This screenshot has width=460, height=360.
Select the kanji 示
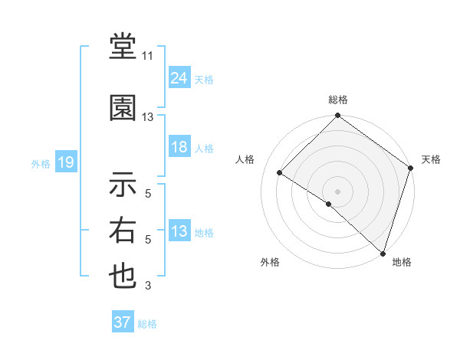(x=123, y=184)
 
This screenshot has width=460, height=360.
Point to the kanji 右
(x=123, y=231)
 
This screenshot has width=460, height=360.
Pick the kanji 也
(x=123, y=277)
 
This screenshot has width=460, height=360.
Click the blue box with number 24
(x=179, y=77)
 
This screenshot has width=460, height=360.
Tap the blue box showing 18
(x=179, y=148)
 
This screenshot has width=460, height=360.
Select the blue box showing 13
(x=179, y=232)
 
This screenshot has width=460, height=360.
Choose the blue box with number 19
(x=65, y=162)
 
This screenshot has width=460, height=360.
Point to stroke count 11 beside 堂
(x=148, y=55)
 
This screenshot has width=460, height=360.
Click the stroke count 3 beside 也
(x=148, y=286)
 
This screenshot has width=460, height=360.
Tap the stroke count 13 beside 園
(x=148, y=117)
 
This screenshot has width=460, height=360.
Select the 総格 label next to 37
(x=147, y=324)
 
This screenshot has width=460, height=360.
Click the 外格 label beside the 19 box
(x=41, y=163)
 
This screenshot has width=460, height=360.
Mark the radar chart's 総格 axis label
(x=337, y=100)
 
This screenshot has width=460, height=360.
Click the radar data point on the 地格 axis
(x=382, y=253)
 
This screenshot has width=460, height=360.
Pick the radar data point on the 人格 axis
(x=280, y=173)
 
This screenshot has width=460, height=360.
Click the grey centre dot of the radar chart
(x=337, y=191)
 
